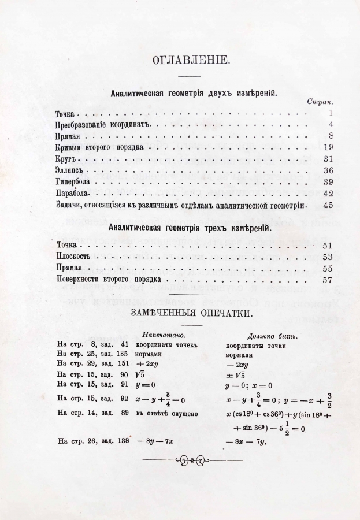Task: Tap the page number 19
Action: coord(328,147)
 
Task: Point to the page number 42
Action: coord(328,193)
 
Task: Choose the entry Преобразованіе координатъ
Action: coord(102,124)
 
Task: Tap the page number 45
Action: coord(328,205)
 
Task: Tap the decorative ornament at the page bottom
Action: coord(191,460)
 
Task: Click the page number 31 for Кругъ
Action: coord(328,158)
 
